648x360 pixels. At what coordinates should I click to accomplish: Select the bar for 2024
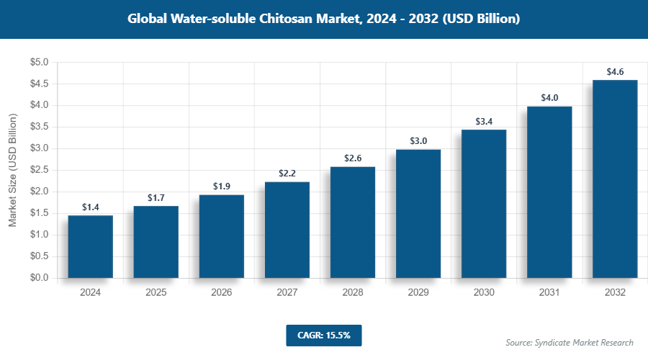tap(90, 246)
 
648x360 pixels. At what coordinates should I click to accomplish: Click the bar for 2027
tap(287, 230)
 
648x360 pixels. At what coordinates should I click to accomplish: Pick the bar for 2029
tap(418, 213)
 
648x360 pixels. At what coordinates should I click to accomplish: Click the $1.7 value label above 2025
tap(156, 197)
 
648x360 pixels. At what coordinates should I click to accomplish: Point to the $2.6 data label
tap(353, 158)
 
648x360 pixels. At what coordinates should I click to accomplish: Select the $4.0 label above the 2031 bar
tap(549, 98)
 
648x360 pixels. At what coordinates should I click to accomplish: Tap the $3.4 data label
tap(484, 122)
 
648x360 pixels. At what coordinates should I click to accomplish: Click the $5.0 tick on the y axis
tap(39, 63)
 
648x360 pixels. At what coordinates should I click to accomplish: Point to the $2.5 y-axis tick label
tap(39, 170)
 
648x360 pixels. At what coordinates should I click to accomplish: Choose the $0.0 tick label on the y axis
tap(39, 278)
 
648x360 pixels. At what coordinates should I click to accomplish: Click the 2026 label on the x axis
tap(221, 293)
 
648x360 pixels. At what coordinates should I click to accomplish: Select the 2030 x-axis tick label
tap(484, 293)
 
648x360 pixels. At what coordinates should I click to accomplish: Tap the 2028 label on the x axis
tap(353, 293)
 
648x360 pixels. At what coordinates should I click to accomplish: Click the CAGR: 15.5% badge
tap(323, 336)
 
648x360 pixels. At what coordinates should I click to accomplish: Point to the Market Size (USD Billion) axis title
tap(12, 170)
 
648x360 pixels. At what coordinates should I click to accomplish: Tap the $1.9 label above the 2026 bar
tap(222, 186)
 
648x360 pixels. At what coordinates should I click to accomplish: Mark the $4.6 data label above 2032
tap(615, 72)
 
